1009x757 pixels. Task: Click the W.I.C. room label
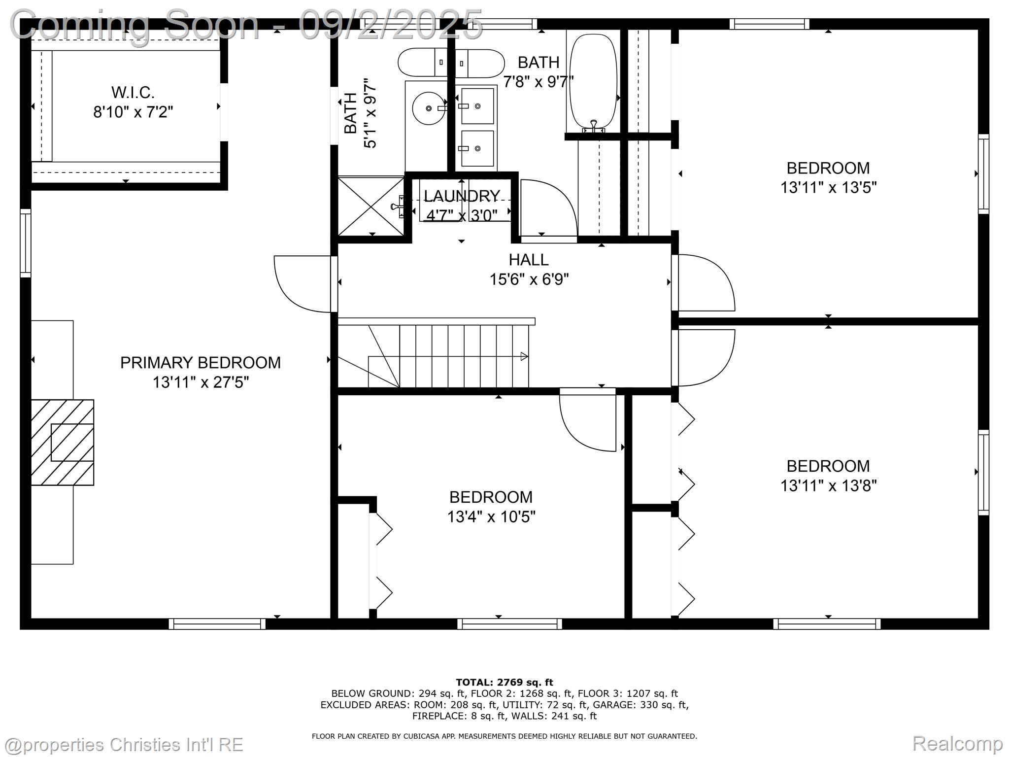click(133, 92)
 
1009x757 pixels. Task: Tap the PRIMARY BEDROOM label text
click(200, 363)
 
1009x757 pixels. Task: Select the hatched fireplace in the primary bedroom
click(63, 442)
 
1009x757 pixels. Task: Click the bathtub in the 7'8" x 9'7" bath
click(593, 81)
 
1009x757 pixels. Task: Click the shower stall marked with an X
click(370, 206)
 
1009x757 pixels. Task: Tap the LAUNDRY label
click(462, 196)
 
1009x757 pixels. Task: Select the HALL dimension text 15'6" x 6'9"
click(529, 279)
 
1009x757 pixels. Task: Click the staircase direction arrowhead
click(524, 356)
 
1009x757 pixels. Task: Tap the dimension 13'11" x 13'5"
click(828, 188)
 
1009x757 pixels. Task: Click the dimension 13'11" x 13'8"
click(828, 486)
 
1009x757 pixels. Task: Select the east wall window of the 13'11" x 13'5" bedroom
click(983, 173)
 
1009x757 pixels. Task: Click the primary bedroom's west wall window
click(25, 243)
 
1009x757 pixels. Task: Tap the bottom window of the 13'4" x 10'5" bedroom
click(509, 624)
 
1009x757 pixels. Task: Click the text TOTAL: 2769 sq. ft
click(504, 683)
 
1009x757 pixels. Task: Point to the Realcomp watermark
click(957, 743)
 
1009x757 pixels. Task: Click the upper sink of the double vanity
click(477, 106)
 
